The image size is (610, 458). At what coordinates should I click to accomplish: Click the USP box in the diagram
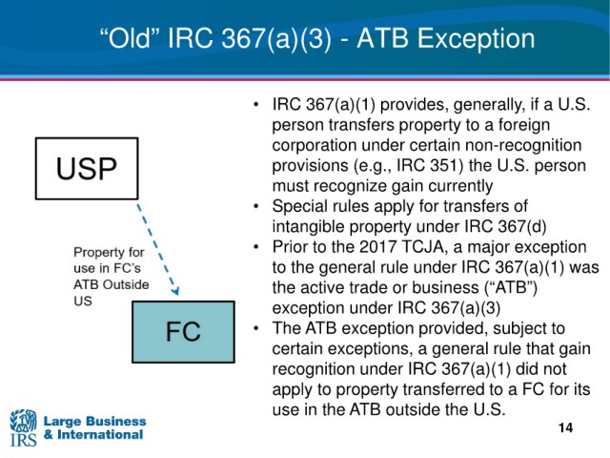(87, 169)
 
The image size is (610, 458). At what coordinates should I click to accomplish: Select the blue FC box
(183, 332)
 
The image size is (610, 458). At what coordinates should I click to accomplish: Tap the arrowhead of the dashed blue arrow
(175, 290)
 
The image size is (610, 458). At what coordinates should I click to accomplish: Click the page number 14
(565, 427)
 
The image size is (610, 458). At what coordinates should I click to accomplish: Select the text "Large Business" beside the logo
(94, 421)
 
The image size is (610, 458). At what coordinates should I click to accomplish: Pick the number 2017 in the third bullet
(377, 247)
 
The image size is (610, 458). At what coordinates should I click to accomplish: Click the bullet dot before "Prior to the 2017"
(255, 247)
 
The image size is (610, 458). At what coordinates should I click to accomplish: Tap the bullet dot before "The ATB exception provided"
(255, 328)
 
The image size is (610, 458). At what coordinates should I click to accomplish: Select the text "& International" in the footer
(93, 435)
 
